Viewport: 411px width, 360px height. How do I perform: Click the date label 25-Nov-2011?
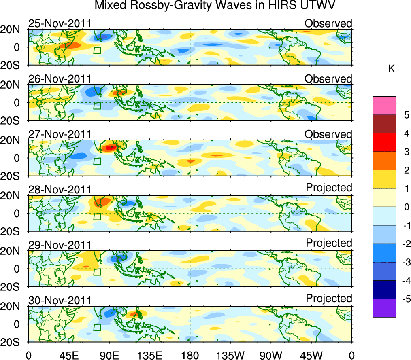click(x=60, y=23)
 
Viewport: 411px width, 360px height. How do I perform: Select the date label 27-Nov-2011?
click(x=60, y=134)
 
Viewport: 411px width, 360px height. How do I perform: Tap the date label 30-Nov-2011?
click(x=60, y=301)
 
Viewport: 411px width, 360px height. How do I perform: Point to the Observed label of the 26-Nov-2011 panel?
click(x=328, y=79)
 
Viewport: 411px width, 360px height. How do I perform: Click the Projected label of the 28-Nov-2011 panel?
click(x=329, y=188)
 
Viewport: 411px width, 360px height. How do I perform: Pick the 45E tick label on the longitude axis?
click(x=68, y=355)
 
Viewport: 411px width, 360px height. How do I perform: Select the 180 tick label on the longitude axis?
click(x=190, y=355)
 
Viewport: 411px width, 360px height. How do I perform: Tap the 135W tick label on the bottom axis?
click(x=230, y=355)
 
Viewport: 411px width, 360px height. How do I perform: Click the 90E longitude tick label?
click(x=109, y=355)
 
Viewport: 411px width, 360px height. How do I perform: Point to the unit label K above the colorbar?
click(x=391, y=69)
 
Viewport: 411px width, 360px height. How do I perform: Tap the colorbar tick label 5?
click(x=406, y=115)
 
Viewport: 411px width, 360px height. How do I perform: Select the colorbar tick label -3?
click(x=404, y=262)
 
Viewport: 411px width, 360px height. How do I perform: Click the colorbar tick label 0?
click(x=406, y=207)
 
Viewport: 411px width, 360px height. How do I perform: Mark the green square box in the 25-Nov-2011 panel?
click(x=97, y=51)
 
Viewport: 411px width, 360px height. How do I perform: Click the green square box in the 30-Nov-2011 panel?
click(x=97, y=328)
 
